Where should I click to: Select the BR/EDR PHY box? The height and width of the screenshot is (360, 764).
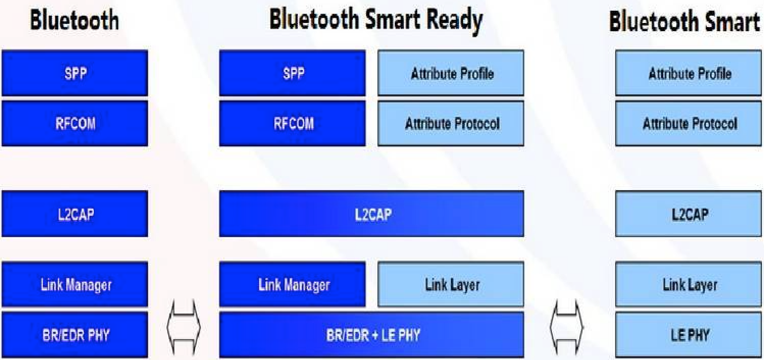tap(75, 335)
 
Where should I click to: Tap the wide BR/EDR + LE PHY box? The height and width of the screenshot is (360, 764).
tap(371, 335)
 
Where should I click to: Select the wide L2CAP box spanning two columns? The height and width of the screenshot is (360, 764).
tap(371, 214)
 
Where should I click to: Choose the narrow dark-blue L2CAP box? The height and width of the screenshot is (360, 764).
tap(75, 214)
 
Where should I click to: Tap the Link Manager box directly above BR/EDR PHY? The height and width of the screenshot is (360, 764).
tap(75, 284)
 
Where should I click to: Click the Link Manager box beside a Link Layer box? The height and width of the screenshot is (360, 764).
tap(292, 284)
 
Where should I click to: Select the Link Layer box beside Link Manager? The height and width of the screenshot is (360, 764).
tap(451, 284)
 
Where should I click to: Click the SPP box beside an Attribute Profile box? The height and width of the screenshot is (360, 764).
tap(292, 73)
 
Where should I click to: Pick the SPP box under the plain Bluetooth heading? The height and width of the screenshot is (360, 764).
tap(75, 73)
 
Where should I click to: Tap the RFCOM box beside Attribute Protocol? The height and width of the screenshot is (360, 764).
tap(292, 123)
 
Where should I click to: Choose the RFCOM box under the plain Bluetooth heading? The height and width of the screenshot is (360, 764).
tap(75, 123)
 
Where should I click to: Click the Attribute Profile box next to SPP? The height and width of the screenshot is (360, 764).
tap(451, 73)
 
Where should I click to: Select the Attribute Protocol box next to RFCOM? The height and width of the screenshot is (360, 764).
tap(451, 123)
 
